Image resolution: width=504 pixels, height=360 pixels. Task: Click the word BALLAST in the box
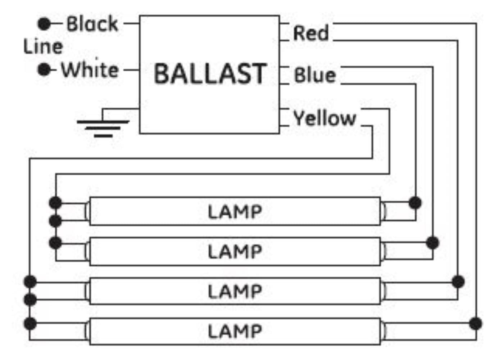pyautogui.click(x=210, y=74)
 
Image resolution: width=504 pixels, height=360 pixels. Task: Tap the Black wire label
pyautogui.click(x=92, y=24)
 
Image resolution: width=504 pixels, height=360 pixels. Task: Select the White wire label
pyautogui.click(x=90, y=70)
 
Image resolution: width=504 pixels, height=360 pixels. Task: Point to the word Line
pyautogui.click(x=43, y=47)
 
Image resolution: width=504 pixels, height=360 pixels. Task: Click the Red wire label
pyautogui.click(x=311, y=33)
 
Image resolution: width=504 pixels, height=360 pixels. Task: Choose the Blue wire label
pyautogui.click(x=315, y=75)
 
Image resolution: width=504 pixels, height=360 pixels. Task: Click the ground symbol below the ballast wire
pyautogui.click(x=103, y=127)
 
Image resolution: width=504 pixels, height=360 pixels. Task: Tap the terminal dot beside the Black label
pyautogui.click(x=44, y=24)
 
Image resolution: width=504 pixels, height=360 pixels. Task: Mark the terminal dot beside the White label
pyautogui.click(x=44, y=69)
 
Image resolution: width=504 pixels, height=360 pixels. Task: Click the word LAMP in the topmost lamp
pyautogui.click(x=235, y=212)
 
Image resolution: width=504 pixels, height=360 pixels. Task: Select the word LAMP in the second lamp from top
pyautogui.click(x=235, y=251)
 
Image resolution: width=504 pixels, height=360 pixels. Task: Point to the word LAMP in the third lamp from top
pyautogui.click(x=235, y=291)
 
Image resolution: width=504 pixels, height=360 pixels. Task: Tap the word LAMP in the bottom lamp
pyautogui.click(x=235, y=331)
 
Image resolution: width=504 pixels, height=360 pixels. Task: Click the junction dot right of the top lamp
pyautogui.click(x=415, y=203)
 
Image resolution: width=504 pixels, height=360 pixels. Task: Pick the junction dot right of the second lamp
pyautogui.click(x=432, y=243)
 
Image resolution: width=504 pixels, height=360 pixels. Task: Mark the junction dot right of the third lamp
pyautogui.click(x=458, y=282)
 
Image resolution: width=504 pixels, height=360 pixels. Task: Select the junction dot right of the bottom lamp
pyautogui.click(x=476, y=323)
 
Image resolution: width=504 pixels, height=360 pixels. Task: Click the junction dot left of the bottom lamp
pyautogui.click(x=30, y=323)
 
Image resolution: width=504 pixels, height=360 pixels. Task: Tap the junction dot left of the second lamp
pyautogui.click(x=55, y=243)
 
